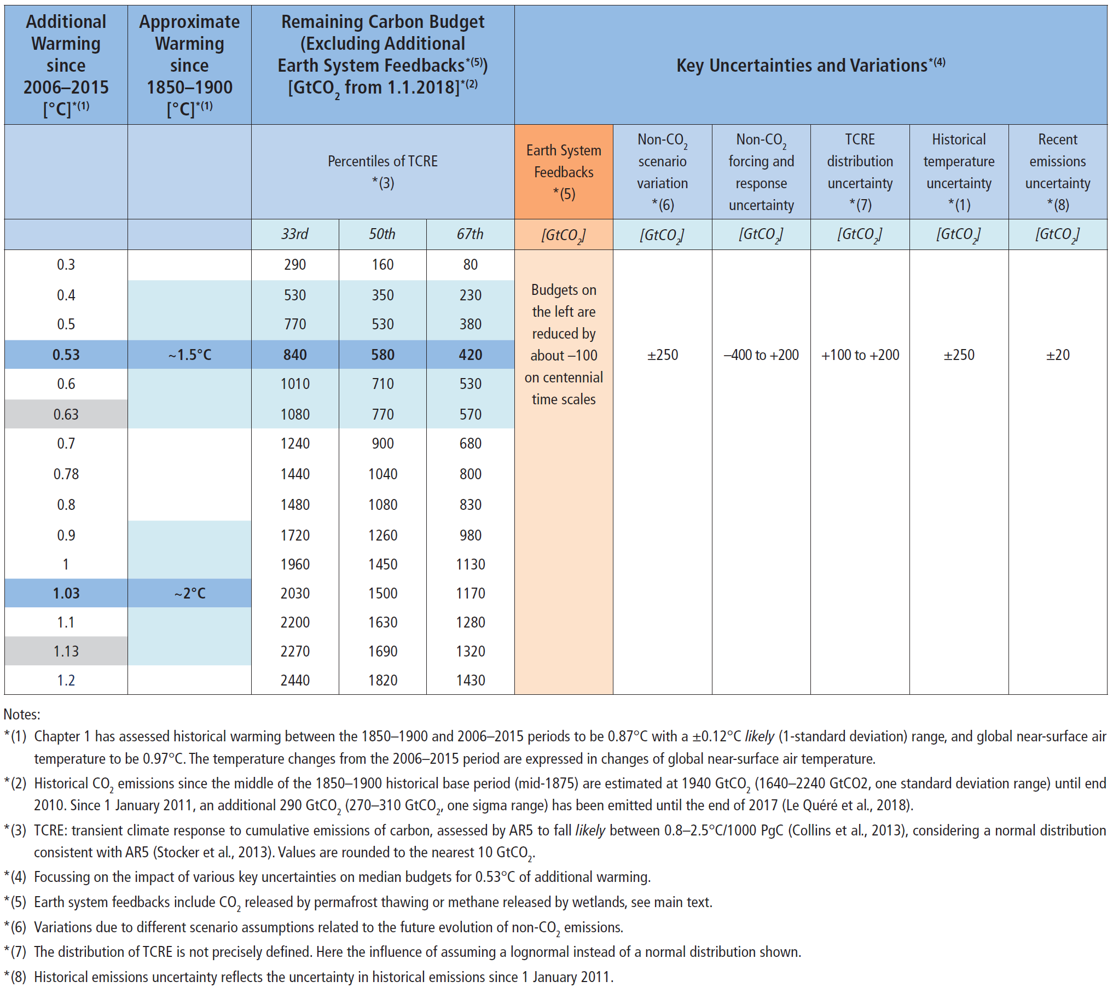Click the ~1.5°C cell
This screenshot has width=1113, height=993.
189,355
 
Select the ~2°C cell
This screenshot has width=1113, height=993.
189,593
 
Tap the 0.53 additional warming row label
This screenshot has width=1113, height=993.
66,355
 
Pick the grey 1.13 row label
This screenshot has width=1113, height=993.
66,651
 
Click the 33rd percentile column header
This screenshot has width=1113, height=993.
295,234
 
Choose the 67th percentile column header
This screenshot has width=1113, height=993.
470,234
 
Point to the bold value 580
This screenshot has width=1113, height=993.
382,355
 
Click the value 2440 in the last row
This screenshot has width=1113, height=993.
295,680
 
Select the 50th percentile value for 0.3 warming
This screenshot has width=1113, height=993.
382,265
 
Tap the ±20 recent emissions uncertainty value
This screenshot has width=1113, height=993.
1058,355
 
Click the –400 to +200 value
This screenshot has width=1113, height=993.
761,355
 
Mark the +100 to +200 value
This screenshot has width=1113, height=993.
860,355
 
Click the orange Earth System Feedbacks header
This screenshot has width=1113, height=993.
564,172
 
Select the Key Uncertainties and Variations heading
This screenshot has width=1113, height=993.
810,65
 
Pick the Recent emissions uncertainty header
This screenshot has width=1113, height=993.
1058,172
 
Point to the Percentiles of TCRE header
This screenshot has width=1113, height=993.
382,172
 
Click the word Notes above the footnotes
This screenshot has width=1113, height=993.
22,715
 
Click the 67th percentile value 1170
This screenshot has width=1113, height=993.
470,593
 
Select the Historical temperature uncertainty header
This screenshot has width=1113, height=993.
959,172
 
